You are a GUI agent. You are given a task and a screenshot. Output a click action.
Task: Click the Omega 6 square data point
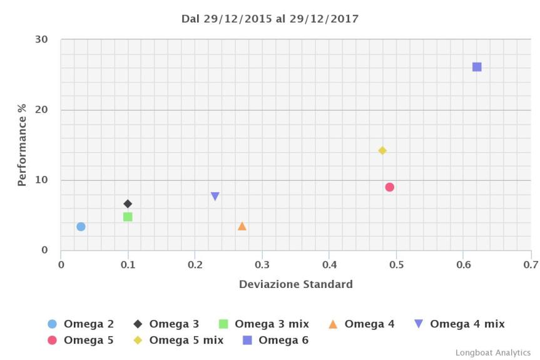pyautogui.click(x=477, y=67)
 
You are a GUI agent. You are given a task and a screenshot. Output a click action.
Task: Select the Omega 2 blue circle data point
pyautogui.click(x=81, y=227)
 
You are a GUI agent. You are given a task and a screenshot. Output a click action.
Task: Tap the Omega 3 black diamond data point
pyautogui.click(x=128, y=203)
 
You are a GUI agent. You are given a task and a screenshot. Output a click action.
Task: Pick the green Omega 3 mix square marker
pyautogui.click(x=128, y=217)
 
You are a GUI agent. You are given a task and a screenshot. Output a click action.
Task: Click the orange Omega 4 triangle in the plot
pyautogui.click(x=242, y=226)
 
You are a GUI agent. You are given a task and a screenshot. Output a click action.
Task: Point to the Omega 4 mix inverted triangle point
pyautogui.click(x=215, y=197)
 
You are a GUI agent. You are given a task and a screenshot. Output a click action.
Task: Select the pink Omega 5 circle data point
pyautogui.click(x=389, y=187)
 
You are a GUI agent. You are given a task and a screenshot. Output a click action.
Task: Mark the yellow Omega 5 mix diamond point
pyautogui.click(x=382, y=150)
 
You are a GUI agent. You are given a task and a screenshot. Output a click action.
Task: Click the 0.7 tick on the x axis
pyautogui.click(x=530, y=264)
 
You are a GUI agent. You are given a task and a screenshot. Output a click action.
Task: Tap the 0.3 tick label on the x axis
pyautogui.click(x=262, y=264)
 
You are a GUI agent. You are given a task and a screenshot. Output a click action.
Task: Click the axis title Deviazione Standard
pyautogui.click(x=295, y=284)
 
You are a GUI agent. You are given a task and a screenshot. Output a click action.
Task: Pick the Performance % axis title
pyautogui.click(x=22, y=145)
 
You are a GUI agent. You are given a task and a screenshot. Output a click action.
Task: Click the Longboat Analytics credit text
pyautogui.click(x=492, y=353)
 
